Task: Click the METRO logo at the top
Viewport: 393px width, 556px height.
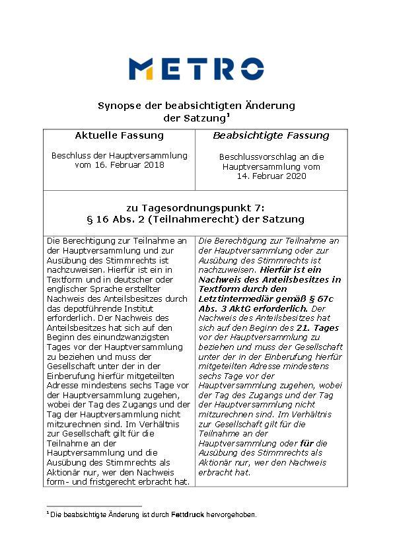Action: [x=196, y=69]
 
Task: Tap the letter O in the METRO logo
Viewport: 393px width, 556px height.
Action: [x=252, y=69]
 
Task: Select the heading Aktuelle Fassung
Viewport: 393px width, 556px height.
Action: [x=119, y=136]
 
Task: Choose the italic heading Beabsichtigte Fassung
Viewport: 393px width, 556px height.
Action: [x=271, y=136]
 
